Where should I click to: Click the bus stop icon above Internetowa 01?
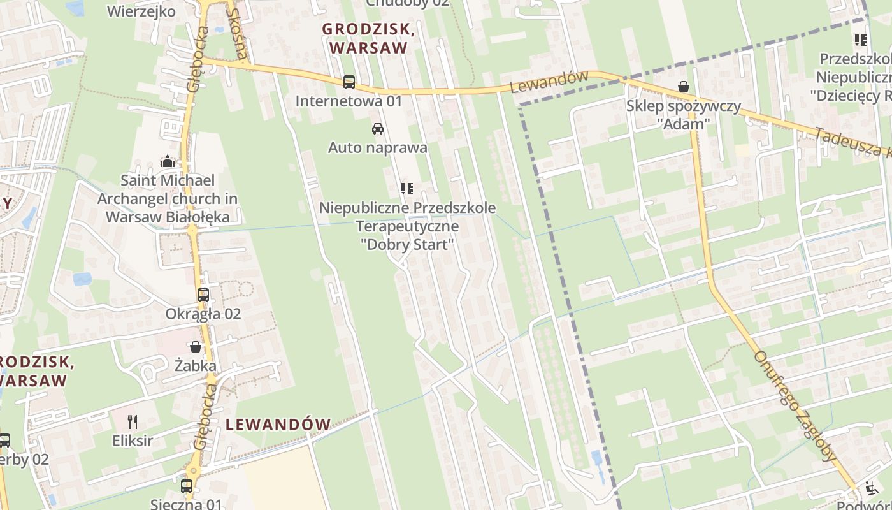tap(349, 82)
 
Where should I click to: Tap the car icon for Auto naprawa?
tap(378, 129)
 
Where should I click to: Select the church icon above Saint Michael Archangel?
tap(168, 161)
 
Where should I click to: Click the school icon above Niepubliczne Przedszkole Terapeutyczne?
tap(406, 189)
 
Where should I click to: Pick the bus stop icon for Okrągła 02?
tap(203, 295)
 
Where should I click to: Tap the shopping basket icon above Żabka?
tap(196, 347)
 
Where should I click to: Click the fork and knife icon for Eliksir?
tap(133, 422)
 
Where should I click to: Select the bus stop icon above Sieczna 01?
tap(187, 486)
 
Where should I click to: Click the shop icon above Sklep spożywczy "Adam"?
tap(684, 87)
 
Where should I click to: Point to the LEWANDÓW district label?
tap(278, 425)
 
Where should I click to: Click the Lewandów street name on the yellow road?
tap(549, 82)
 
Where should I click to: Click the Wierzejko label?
tap(141, 11)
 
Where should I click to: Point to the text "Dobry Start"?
tap(407, 245)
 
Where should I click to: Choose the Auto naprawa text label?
tap(377, 148)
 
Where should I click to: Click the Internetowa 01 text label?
tap(349, 101)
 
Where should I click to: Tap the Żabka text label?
tap(196, 366)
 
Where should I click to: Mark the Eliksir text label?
tap(133, 441)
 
